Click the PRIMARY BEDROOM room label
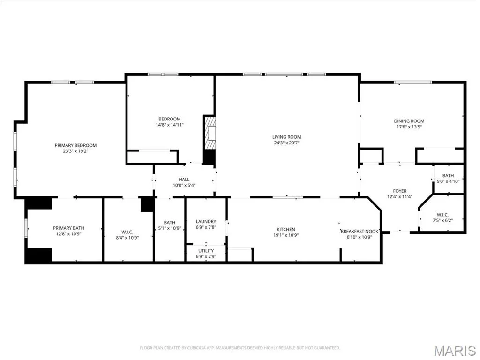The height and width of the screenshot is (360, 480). coord(75,145)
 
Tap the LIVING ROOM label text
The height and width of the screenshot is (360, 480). coord(286,137)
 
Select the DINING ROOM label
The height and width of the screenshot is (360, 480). coord(409,121)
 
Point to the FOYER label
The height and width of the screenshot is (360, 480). coord(400,191)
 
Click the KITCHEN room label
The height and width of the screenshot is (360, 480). coord(286,229)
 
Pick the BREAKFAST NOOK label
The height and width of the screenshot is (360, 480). coord(360,231)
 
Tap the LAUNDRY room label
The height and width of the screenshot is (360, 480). coord(206,221)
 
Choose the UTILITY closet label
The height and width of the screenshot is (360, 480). coord(206,251)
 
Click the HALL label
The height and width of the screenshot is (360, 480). coord(184,180)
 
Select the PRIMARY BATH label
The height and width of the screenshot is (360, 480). coord(68,228)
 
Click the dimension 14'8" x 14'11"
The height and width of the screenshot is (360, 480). coord(170,125)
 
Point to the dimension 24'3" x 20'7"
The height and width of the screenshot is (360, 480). coord(286,142)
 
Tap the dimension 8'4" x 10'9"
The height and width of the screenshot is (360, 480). coord(127,238)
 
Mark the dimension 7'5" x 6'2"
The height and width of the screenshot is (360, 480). coord(442,220)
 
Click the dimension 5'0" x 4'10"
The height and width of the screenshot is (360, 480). coord(448,181)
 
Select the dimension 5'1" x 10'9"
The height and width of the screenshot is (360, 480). coord(170,228)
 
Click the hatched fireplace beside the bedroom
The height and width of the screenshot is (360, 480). coord(210,133)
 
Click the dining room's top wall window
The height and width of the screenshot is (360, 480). coord(413,82)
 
